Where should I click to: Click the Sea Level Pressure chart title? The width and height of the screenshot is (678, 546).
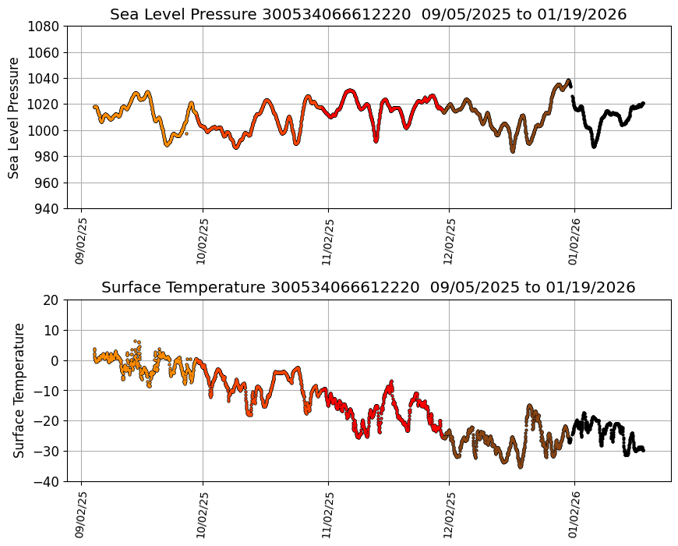[368, 14]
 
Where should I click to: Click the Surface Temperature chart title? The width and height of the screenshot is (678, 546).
[368, 287]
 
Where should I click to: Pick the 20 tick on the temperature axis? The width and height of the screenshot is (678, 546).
[52, 300]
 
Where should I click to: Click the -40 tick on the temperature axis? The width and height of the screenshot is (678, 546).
[48, 482]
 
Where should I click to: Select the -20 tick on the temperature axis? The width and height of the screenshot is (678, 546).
[48, 421]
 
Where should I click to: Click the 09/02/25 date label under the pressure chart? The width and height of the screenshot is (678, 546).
[81, 241]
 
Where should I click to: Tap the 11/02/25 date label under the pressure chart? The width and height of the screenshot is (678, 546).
[328, 241]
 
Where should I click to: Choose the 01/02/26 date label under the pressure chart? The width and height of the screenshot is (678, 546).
[574, 241]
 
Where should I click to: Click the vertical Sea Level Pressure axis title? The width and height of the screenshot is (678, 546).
[14, 117]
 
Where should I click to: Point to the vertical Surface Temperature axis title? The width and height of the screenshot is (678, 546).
[19, 390]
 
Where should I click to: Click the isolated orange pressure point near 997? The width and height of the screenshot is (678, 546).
[186, 133]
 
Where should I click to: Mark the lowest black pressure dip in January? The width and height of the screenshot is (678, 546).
[594, 146]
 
